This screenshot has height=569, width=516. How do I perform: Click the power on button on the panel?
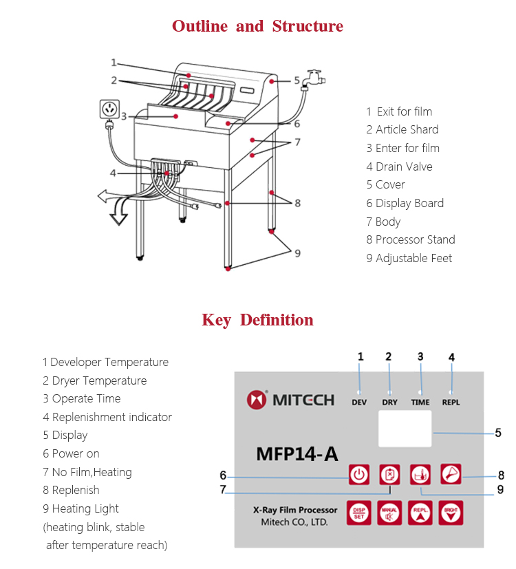tap(358, 474)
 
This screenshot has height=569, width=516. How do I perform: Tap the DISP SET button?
tap(358, 512)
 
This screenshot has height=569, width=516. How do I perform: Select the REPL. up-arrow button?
tap(420, 512)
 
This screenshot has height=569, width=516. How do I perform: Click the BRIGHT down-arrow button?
tap(451, 512)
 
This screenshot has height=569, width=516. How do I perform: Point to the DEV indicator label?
tap(359, 402)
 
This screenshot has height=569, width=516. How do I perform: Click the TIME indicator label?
tap(420, 402)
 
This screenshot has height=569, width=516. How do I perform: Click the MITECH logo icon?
tap(257, 399)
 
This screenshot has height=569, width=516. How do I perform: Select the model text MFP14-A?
tap(297, 454)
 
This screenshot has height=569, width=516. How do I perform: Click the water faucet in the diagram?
tap(314, 78)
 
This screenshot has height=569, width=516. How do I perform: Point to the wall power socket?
tap(109, 109)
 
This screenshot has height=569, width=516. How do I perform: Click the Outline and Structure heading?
tap(257, 26)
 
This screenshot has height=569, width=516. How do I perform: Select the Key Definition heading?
tap(257, 320)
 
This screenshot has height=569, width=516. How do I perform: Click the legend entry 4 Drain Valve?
tap(399, 167)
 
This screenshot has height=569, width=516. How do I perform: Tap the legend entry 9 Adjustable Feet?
tap(409, 258)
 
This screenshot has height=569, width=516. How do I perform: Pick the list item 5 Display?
tap(65, 435)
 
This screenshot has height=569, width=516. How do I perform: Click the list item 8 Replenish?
tap(71, 490)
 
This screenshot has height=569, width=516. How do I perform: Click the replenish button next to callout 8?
tap(451, 474)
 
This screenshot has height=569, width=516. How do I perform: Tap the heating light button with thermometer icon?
tap(420, 474)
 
